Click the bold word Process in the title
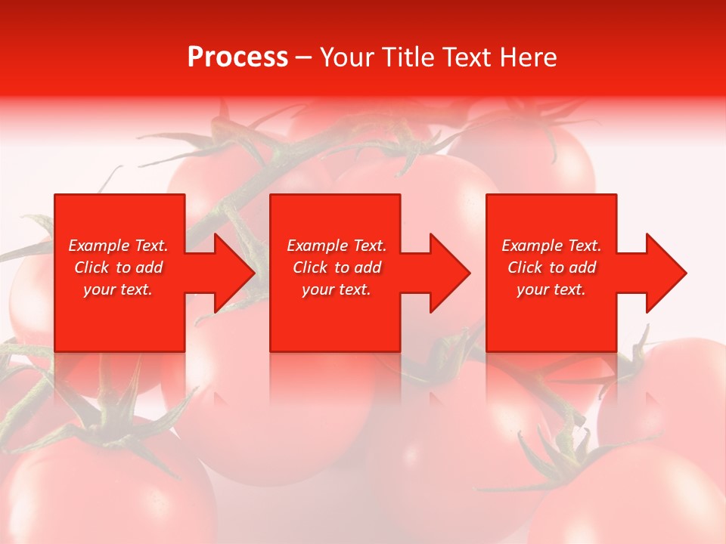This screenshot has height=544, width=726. click(x=237, y=57)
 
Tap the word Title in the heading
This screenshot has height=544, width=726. click(x=409, y=57)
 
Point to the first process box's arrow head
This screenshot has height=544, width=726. click(x=231, y=273)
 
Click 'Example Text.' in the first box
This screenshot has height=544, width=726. click(x=118, y=246)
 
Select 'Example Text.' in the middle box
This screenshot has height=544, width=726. click(x=337, y=246)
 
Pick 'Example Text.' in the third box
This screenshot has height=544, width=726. click(x=551, y=246)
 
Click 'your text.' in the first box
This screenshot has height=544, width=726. click(x=118, y=289)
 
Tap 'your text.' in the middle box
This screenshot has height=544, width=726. click(x=337, y=289)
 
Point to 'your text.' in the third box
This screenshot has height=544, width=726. click(x=551, y=289)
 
